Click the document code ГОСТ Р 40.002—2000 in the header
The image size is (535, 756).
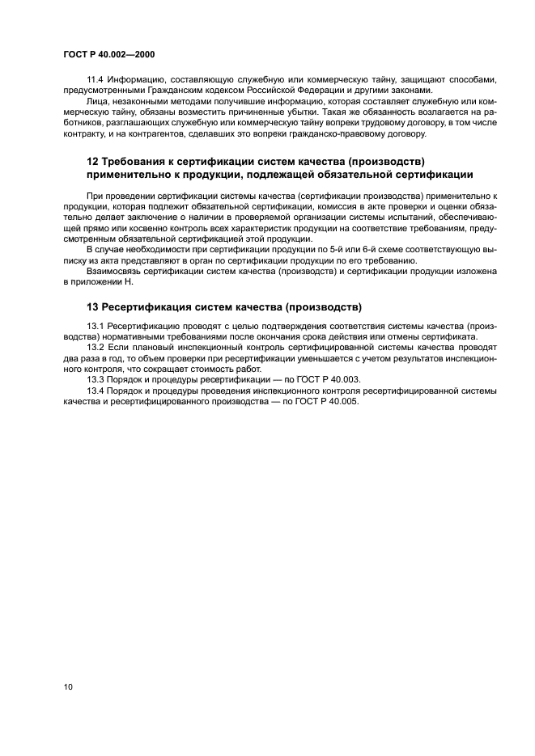108,54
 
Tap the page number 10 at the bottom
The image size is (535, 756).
68,687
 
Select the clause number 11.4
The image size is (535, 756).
97,79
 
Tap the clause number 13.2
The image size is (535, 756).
97,346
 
